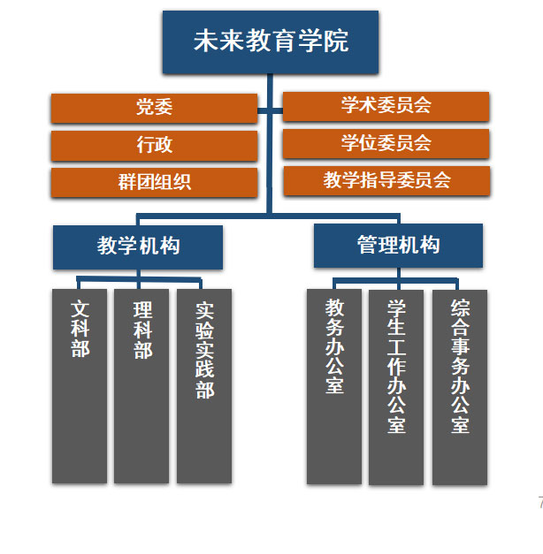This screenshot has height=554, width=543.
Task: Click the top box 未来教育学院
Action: pos(270,42)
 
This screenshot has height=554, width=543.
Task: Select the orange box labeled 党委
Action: pos(154,108)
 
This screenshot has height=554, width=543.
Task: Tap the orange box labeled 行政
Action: pos(154,145)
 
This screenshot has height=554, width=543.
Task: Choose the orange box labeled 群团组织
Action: pos(154,183)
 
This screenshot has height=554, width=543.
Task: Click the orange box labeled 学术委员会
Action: pos(386,106)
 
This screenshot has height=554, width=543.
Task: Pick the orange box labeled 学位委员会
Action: pos(386,143)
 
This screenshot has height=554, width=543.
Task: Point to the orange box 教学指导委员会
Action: pos(386,180)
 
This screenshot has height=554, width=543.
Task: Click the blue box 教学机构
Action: pos(137,247)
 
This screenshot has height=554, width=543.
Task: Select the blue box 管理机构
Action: pos(398,245)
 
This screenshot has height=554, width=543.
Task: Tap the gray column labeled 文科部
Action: pos(80,386)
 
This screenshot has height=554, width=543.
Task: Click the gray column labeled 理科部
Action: pos(141,386)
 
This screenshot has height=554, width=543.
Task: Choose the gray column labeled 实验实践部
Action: pos(204,386)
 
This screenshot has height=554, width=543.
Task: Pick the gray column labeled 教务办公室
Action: pos(334,386)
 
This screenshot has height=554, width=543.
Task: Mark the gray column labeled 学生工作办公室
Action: pos(396,387)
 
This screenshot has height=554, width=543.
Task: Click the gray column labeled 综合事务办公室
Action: pos(460,387)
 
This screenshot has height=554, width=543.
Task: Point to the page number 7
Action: pos(539,503)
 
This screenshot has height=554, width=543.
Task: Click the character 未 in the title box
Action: pos(206,42)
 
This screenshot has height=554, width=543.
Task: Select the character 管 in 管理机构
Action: pos(367,245)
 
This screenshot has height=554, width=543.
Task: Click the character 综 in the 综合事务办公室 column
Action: pos(460,309)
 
